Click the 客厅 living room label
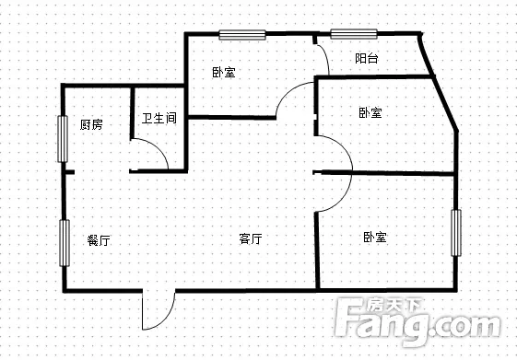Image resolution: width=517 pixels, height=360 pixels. [251, 238]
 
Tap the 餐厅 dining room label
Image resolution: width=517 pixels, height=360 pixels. [99, 240]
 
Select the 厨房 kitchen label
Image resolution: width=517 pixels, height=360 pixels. [91, 124]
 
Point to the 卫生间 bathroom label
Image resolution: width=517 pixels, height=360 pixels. [159, 118]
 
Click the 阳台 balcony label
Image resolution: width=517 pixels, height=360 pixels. [367, 58]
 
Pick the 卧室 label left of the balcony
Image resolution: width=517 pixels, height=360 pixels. [224, 72]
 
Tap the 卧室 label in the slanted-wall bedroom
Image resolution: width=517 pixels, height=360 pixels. [370, 112]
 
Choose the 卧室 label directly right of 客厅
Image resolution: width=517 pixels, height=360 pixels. [375, 237]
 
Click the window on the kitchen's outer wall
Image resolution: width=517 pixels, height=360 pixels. [63, 139]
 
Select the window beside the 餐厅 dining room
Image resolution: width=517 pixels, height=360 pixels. [65, 243]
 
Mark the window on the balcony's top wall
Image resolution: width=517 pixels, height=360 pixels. [354, 34]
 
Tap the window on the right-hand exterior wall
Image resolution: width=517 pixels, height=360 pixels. [455, 233]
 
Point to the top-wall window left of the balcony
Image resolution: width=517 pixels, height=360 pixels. [242, 35]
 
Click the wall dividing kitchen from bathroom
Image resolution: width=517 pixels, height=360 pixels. [132, 113]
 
